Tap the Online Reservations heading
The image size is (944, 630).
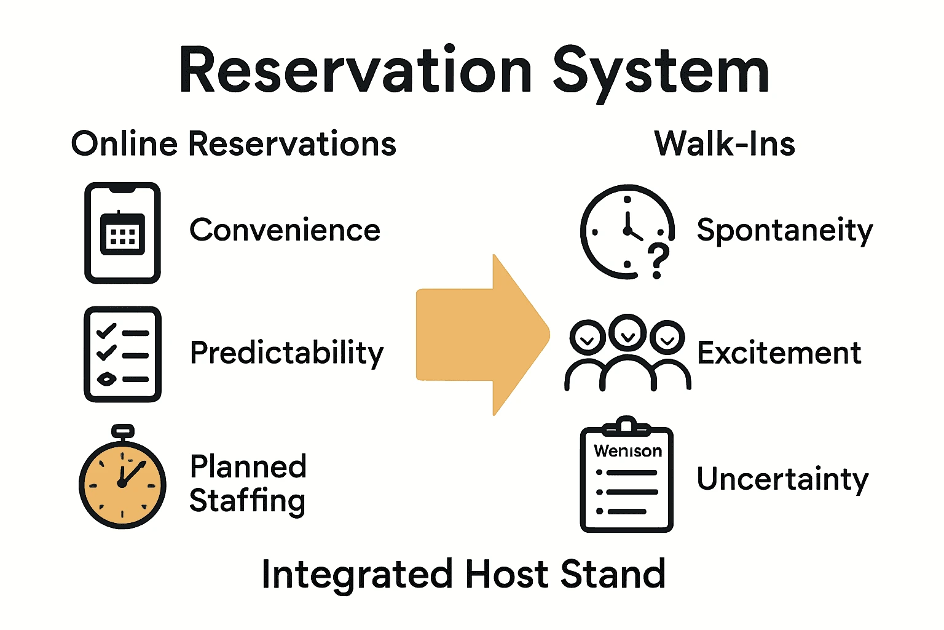pos(234,144)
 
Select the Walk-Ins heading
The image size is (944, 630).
pos(725,144)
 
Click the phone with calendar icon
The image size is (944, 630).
pos(122,233)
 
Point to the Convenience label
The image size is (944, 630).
pos(285,230)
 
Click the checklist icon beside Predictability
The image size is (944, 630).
pos(122,354)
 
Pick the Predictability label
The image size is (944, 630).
pos(286,353)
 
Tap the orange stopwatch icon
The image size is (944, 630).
pos(122,483)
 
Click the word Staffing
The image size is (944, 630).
pos(247,501)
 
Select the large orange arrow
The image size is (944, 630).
pos(482,335)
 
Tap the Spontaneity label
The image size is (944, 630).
pos(784,231)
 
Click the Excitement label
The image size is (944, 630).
pos(779,353)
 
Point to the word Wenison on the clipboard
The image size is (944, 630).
pos(627,451)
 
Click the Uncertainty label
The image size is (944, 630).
pos(782,479)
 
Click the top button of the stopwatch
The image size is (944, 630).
pos(123,430)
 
